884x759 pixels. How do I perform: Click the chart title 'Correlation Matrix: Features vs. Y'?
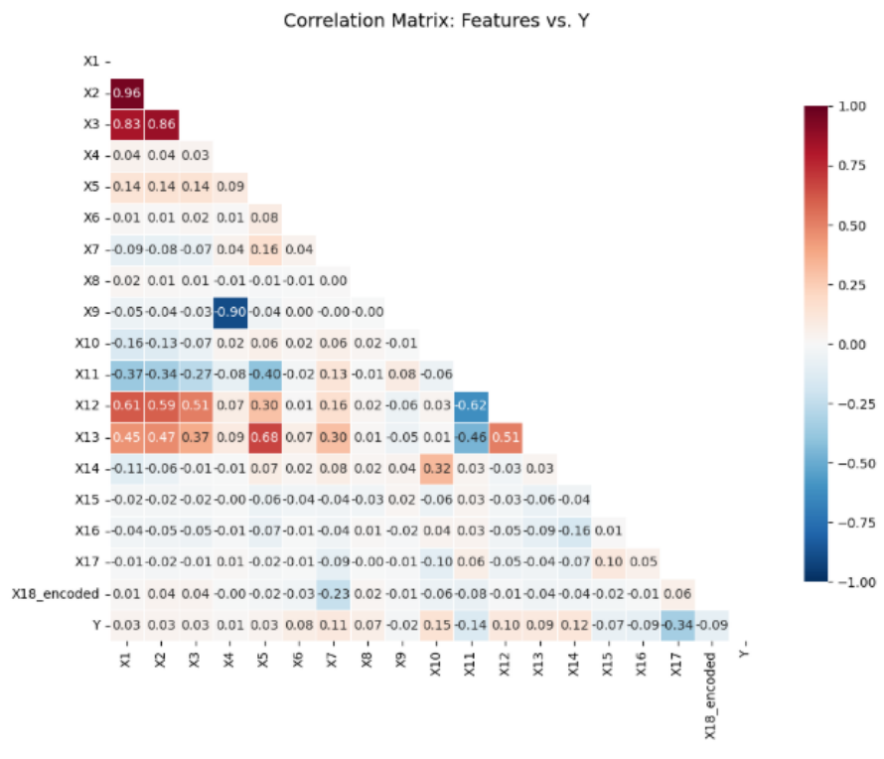tap(436, 21)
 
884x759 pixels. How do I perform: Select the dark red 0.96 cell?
tap(127, 93)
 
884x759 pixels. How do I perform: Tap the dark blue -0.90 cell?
tap(230, 312)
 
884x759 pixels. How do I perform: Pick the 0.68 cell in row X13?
tap(265, 437)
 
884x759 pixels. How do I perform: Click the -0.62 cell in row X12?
tap(472, 405)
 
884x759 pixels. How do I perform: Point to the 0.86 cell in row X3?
tap(161, 124)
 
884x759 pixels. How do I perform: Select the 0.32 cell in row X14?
tap(437, 468)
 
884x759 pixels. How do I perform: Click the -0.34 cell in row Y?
tap(677, 625)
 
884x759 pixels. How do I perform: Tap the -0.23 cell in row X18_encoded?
tap(333, 594)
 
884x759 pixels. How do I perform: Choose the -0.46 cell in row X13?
tap(472, 437)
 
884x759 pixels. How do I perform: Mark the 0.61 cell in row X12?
tap(127, 405)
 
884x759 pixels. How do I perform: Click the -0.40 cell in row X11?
tap(265, 375)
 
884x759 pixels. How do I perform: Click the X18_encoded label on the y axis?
tap(56, 594)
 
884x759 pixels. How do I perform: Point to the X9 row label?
tap(91, 312)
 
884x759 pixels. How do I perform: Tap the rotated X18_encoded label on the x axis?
tap(711, 695)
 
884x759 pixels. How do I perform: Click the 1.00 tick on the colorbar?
tap(852, 106)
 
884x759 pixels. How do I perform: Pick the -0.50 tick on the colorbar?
tap(855, 464)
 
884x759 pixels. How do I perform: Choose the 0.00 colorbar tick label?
tap(852, 345)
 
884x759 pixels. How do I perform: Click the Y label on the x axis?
tap(745, 654)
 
